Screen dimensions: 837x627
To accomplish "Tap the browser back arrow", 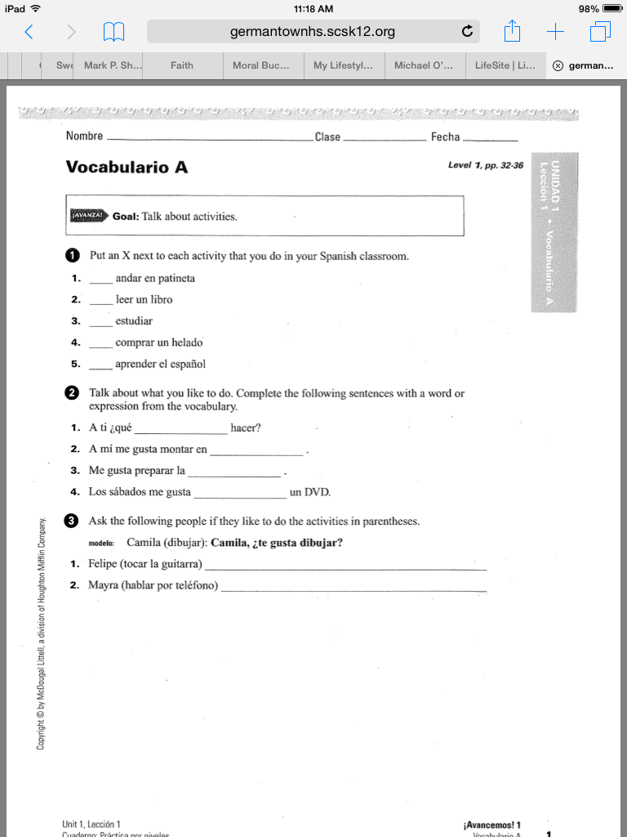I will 29,33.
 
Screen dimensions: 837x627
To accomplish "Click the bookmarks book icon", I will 113,33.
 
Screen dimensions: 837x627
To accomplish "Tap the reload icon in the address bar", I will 467,33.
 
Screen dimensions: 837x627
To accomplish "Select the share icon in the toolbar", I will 512,32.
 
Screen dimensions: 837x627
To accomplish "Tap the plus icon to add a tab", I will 556,32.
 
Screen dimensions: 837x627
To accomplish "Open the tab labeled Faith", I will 182,65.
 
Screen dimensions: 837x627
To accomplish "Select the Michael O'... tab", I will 423,65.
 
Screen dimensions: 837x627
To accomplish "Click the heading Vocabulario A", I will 127,168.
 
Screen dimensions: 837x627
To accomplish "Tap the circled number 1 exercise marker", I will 72,256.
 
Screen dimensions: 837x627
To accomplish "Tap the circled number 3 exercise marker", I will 72,521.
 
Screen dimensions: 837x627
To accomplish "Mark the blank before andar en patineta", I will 100,280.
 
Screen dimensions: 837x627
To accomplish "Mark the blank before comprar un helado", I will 100,343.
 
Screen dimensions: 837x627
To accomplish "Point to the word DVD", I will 318,492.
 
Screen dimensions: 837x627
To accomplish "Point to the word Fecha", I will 446,137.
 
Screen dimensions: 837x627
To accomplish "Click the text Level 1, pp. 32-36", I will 486,165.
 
